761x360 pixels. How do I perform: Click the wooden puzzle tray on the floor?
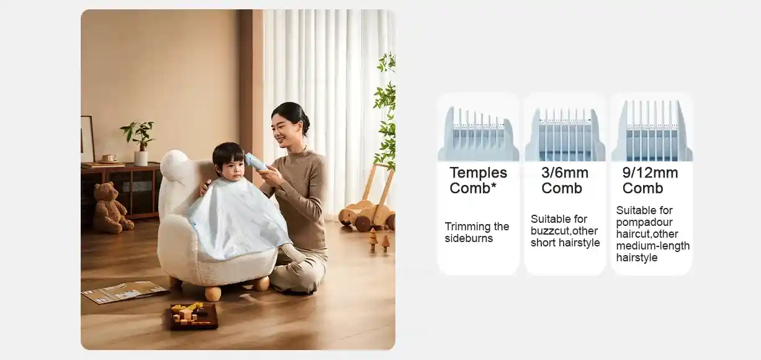[x=194, y=315]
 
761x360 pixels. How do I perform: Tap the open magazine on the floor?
[x=124, y=292]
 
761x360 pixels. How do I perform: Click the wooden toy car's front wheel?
[x=362, y=223]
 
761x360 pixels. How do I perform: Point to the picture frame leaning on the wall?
[x=87, y=139]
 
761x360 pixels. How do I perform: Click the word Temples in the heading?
[x=478, y=173]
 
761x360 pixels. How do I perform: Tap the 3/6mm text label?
[x=564, y=173]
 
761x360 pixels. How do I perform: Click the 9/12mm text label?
[x=650, y=173]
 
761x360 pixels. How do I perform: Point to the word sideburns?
[x=469, y=238]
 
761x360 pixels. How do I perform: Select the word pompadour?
[x=644, y=222]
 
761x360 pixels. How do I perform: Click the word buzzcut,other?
[x=564, y=231]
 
